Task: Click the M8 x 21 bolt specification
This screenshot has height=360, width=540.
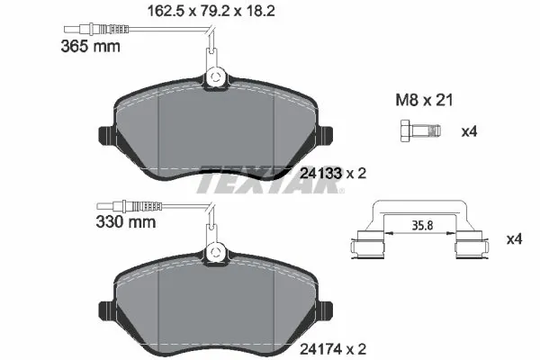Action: [421, 100]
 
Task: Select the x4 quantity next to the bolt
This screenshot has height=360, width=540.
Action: [468, 131]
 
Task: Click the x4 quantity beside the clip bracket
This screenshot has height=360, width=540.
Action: [514, 239]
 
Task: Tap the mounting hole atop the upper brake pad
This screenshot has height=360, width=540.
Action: [216, 80]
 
